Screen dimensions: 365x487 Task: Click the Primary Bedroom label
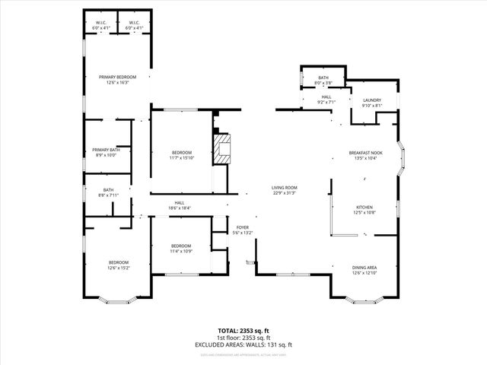point(117,77)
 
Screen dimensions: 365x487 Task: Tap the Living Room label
point(285,187)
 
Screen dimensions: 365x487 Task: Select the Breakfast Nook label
point(365,153)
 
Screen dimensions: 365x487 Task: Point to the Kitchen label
point(365,207)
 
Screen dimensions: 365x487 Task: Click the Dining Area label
point(365,268)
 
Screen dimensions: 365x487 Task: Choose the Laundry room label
point(371,100)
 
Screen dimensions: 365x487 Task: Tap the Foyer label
point(243,227)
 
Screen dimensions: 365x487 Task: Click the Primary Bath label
point(107,150)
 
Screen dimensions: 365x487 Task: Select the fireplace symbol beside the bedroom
point(221,149)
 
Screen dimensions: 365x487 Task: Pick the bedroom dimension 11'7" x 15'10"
point(183,158)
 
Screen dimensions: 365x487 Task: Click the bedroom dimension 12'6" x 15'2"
point(118,268)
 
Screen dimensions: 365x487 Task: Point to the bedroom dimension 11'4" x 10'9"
point(181,251)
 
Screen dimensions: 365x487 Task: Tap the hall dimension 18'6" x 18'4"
point(180,208)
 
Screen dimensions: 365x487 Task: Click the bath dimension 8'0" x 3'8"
point(323,83)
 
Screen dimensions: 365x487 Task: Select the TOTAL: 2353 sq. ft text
point(243,331)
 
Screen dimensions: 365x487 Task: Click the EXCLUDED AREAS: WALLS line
point(243,344)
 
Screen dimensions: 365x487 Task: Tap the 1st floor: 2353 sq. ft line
point(243,338)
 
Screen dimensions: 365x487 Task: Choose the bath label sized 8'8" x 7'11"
point(108,190)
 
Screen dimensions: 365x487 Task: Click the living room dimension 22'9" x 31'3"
point(285,192)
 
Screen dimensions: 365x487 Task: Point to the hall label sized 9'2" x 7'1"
point(326,97)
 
